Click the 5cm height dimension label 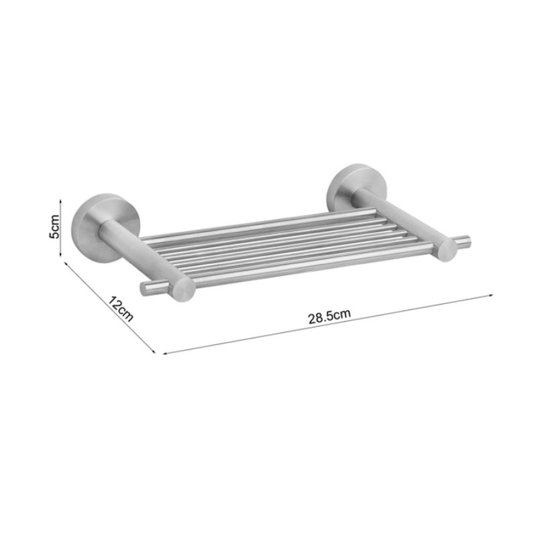click(54, 227)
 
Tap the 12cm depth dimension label click(121, 309)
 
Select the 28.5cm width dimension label click(330, 316)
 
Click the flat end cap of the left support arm click(183, 289)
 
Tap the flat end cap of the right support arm click(446, 250)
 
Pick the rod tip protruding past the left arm click(146, 289)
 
